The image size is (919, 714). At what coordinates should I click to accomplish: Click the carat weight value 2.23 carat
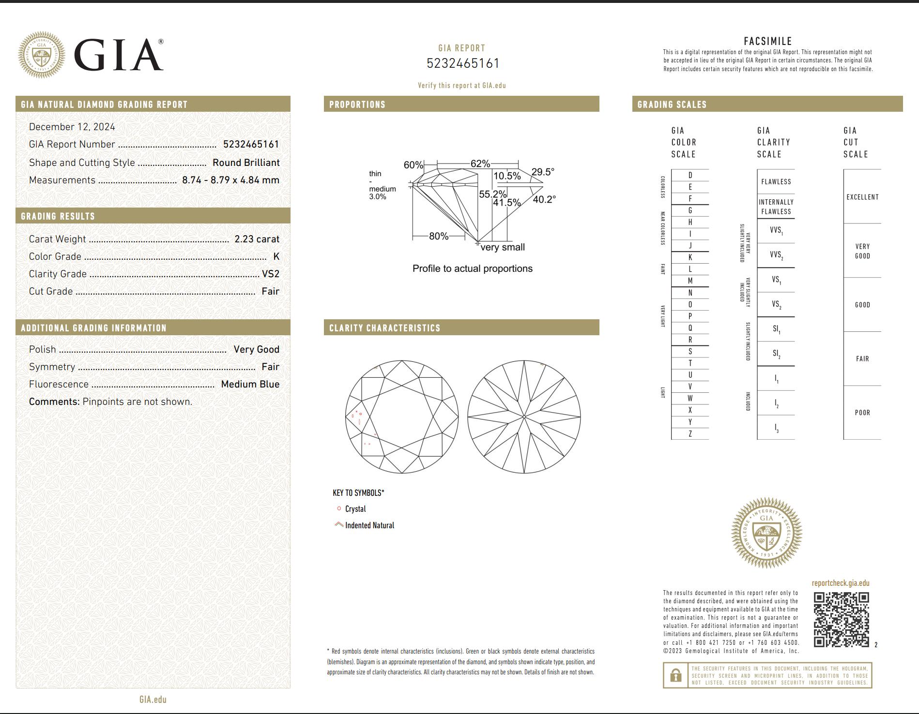(257, 239)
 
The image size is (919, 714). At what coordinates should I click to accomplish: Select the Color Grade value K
(276, 256)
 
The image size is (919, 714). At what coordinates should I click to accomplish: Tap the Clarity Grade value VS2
(270, 274)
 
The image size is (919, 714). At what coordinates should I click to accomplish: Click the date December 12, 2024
(72, 127)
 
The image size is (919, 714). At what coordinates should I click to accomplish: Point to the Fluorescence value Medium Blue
(250, 384)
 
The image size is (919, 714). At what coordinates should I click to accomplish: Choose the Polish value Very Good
(256, 349)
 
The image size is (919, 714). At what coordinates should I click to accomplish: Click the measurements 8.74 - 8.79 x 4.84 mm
(230, 180)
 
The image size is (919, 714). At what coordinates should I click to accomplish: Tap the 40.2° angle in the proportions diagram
(544, 199)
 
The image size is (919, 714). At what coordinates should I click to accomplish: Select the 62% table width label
(480, 164)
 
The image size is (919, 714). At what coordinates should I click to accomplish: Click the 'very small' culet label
(503, 247)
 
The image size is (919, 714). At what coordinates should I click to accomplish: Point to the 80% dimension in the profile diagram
(438, 236)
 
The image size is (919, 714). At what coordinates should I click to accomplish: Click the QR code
(841, 619)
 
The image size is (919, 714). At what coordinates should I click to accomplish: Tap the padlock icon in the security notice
(676, 675)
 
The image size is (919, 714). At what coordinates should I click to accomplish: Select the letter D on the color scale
(690, 175)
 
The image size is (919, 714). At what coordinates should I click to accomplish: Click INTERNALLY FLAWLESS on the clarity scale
(776, 207)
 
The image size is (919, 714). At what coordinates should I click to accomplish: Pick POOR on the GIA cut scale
(862, 413)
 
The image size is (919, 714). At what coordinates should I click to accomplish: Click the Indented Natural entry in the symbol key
(369, 525)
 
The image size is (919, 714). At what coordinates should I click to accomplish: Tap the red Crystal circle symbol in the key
(339, 508)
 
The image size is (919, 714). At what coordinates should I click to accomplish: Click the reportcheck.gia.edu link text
(840, 583)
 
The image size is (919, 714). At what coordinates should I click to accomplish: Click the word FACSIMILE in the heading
(767, 41)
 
